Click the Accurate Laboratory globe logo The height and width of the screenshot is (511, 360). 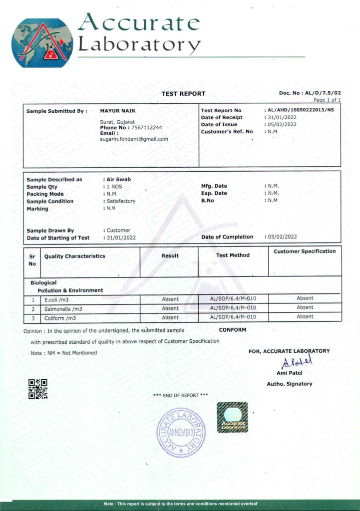(x=42, y=43)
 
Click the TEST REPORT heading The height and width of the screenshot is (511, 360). (x=183, y=94)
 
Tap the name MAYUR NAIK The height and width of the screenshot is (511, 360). (x=118, y=110)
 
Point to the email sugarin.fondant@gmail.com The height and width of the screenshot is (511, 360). (x=134, y=139)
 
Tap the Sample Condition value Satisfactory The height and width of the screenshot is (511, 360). (x=121, y=201)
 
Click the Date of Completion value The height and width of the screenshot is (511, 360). (x=282, y=237)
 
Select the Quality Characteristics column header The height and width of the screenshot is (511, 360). (x=75, y=256)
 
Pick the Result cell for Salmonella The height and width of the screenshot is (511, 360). (x=170, y=308)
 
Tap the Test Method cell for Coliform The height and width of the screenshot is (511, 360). (x=233, y=317)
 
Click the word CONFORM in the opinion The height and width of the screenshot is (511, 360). (x=232, y=330)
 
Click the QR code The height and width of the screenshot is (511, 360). (x=38, y=389)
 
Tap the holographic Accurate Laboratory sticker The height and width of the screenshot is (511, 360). (x=232, y=417)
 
